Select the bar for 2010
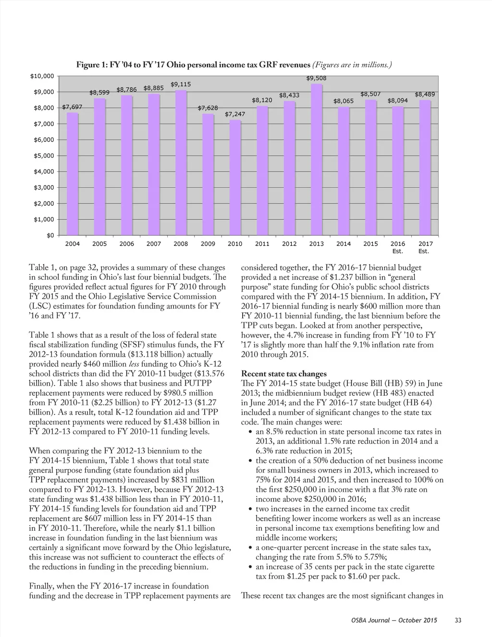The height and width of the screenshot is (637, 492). pos(235,177)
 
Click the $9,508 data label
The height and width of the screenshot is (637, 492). pos(316,78)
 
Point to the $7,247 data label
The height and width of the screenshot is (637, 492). pos(235,114)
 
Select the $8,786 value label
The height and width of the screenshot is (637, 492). pos(127,89)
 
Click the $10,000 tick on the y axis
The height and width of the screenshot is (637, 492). pos(42,76)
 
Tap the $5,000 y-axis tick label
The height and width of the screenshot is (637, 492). pos(44,156)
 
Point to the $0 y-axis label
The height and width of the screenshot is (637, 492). pos(50,235)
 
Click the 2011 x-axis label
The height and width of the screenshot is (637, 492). pos(262,244)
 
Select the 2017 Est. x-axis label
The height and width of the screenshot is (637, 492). pos(425,247)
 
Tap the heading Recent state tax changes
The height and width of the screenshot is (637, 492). pos(283,374)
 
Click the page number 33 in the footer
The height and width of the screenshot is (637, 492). pos(457,621)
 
